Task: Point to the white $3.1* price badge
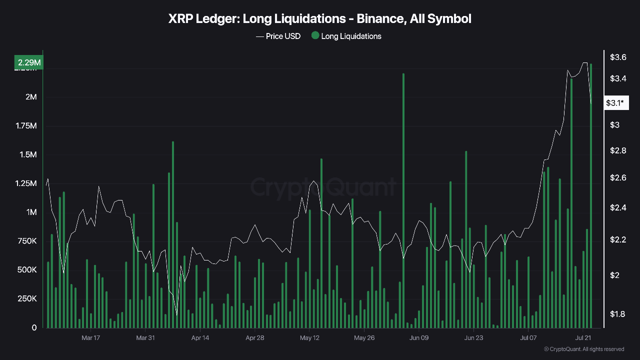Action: (x=614, y=103)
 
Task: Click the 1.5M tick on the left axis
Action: (x=28, y=154)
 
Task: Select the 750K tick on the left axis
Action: (x=27, y=241)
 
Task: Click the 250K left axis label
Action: (x=27, y=298)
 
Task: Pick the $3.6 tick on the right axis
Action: (x=618, y=57)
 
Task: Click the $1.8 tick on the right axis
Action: (x=618, y=314)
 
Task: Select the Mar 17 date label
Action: (x=90, y=337)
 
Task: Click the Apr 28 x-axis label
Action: (x=254, y=337)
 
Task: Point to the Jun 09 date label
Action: (x=419, y=337)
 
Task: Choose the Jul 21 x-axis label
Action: (x=583, y=337)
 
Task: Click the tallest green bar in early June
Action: (x=403, y=200)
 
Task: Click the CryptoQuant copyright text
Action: (x=583, y=349)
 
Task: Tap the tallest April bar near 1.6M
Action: (x=173, y=235)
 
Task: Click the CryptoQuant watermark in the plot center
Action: (x=323, y=187)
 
